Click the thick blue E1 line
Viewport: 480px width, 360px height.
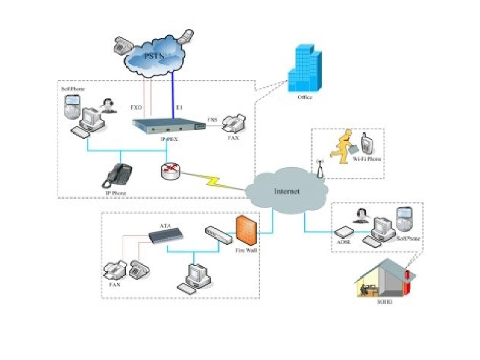[x=172, y=96]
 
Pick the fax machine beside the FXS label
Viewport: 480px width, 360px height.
[x=233, y=123]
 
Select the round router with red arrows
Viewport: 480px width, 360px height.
[x=170, y=172]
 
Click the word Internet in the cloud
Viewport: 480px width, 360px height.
[x=286, y=192]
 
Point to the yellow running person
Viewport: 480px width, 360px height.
[x=342, y=146]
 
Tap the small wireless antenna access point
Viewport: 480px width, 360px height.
[x=319, y=170]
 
